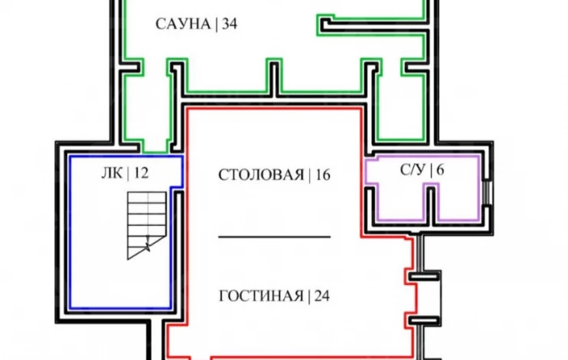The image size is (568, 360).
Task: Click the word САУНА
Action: coord(183,25)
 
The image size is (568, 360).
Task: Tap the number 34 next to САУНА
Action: coord(230,25)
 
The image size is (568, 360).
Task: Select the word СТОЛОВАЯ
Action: coord(261,175)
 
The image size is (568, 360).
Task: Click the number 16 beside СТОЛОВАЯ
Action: coord(323,175)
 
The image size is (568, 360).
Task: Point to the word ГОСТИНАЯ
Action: coord(262,296)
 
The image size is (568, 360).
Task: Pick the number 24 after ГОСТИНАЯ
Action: coord(322,296)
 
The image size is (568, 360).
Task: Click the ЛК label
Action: coord(112,173)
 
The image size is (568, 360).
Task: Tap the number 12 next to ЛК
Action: coord(141,173)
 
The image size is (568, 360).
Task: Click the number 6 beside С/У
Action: coord(440,170)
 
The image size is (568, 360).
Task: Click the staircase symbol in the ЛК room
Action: coord(147,225)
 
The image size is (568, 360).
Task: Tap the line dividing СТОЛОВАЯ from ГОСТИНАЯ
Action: coord(274,237)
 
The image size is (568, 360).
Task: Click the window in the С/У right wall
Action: coord(488,193)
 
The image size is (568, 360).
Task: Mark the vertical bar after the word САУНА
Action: coord(217,25)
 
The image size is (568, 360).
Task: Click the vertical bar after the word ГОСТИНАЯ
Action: coord(309,296)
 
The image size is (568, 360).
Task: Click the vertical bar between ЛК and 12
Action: coord(129,174)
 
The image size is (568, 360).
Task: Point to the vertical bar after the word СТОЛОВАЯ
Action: coord(310,175)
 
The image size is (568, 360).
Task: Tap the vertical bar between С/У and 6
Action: coord(432,170)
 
